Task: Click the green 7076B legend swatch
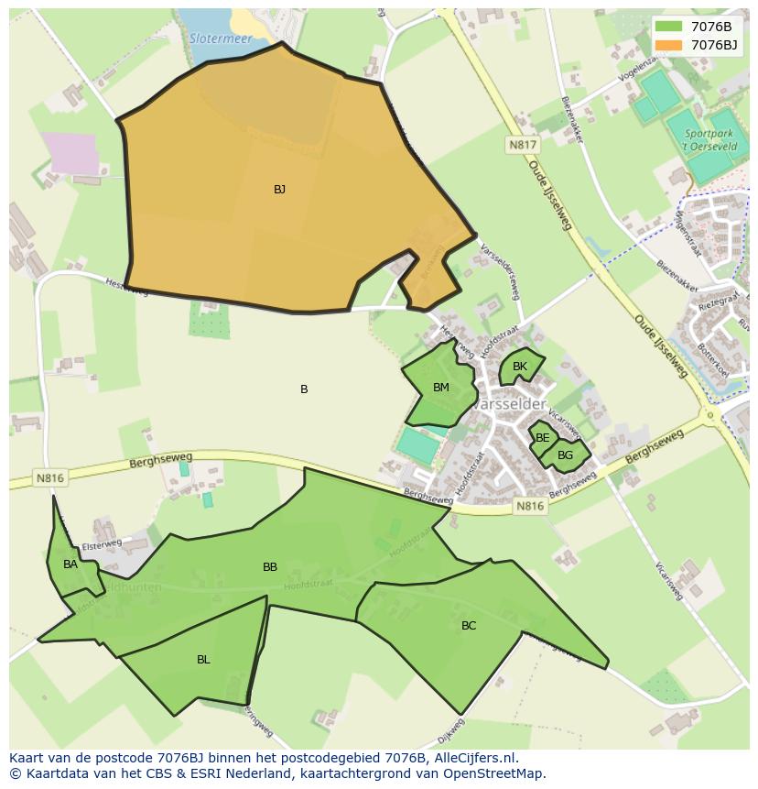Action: tap(668, 27)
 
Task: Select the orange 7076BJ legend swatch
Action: tap(668, 45)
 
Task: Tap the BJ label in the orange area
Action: tap(279, 190)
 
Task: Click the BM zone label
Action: tap(440, 388)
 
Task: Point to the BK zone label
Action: tap(520, 367)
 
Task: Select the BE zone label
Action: tap(543, 438)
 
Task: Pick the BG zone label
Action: tap(565, 455)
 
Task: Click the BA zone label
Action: tap(70, 564)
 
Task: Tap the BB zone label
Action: tap(270, 567)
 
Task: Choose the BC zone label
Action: tap(469, 626)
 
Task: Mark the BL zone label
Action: tap(203, 660)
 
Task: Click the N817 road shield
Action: tap(524, 145)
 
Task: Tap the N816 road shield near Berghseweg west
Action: tap(49, 477)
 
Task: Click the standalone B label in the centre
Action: tap(304, 389)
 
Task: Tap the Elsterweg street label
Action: tap(102, 543)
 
